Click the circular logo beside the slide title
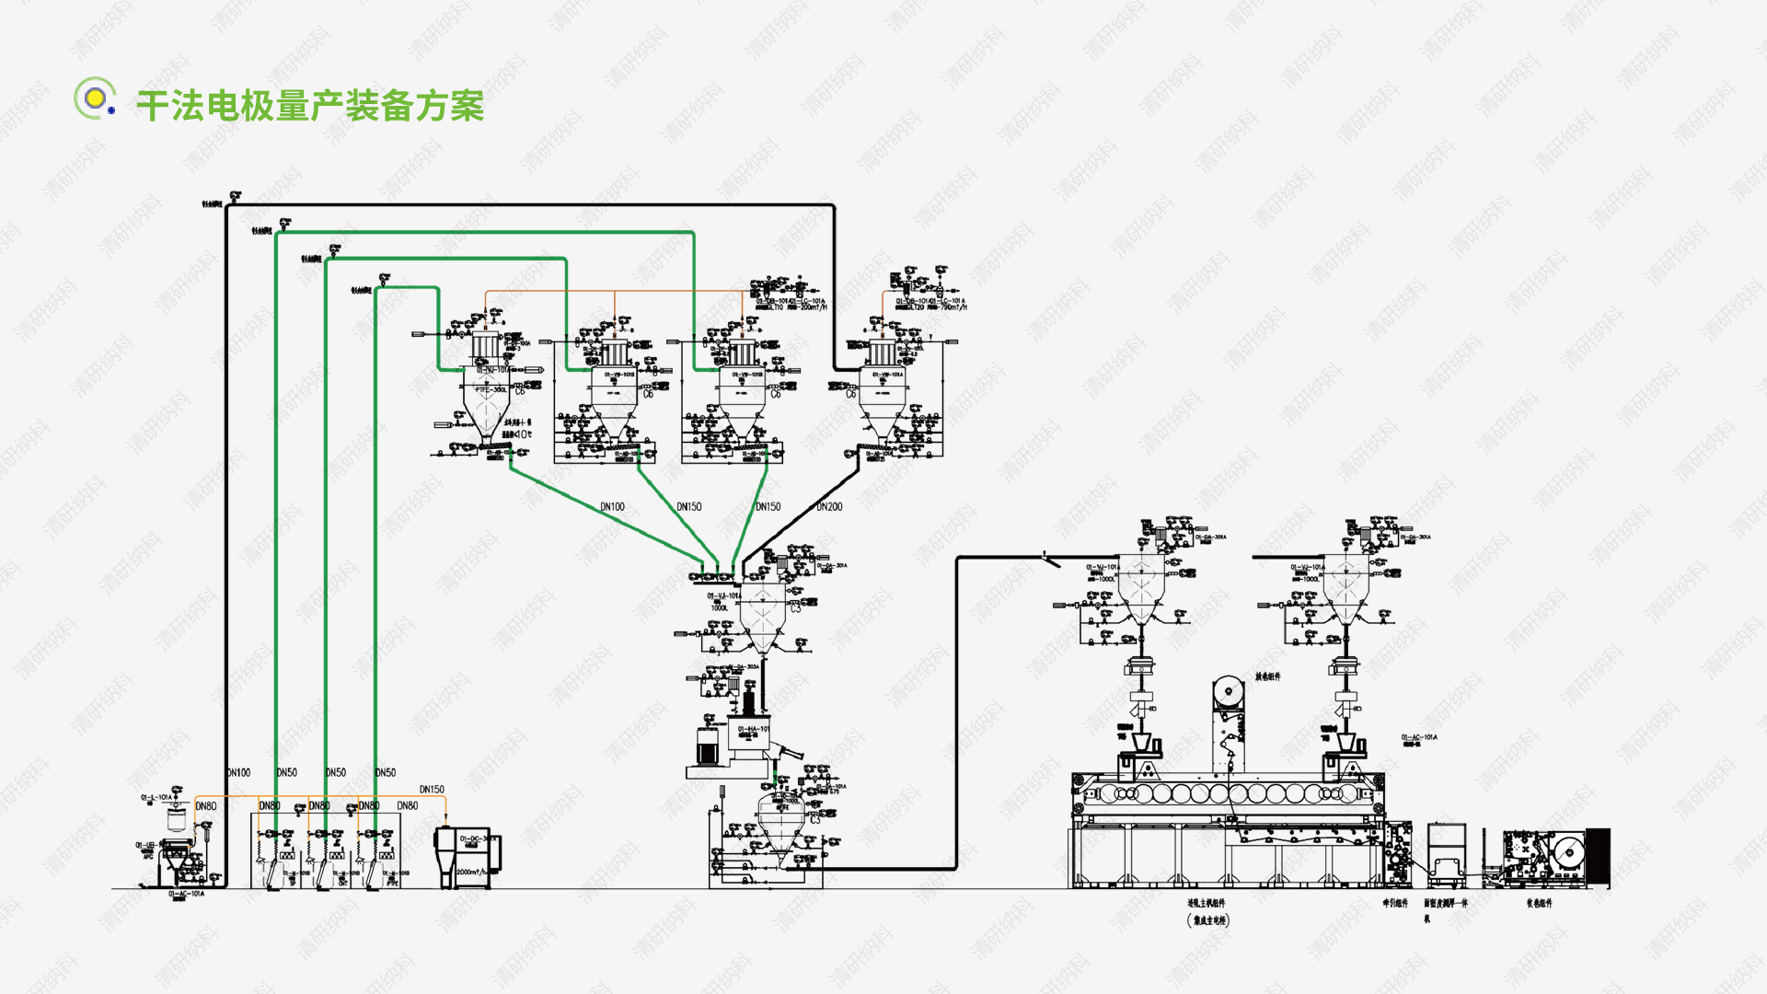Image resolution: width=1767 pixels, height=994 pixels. (95, 98)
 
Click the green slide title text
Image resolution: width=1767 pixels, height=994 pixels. (310, 106)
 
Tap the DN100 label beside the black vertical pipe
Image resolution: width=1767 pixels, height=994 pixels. (239, 773)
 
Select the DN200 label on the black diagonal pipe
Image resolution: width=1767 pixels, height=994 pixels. (829, 507)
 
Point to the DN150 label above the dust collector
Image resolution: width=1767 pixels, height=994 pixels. (432, 790)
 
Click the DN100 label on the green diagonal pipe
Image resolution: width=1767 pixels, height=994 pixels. (612, 507)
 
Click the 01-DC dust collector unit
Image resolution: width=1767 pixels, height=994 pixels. (468, 856)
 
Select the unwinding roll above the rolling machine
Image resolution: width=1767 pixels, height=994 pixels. (1227, 691)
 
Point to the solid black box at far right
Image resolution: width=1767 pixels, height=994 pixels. (1599, 857)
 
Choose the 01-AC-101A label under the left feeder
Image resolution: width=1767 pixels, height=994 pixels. (186, 894)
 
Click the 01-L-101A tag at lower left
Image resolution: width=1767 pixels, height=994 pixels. (156, 798)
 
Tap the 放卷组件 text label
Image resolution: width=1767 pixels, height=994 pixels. (1267, 676)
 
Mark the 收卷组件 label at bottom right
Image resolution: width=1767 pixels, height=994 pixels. (1539, 904)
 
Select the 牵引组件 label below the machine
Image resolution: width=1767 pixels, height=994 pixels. (1395, 904)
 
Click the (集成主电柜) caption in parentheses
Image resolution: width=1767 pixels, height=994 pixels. (1207, 919)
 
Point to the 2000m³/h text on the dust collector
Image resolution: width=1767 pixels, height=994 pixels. (471, 872)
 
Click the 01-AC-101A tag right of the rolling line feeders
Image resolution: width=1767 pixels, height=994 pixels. (1419, 737)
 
